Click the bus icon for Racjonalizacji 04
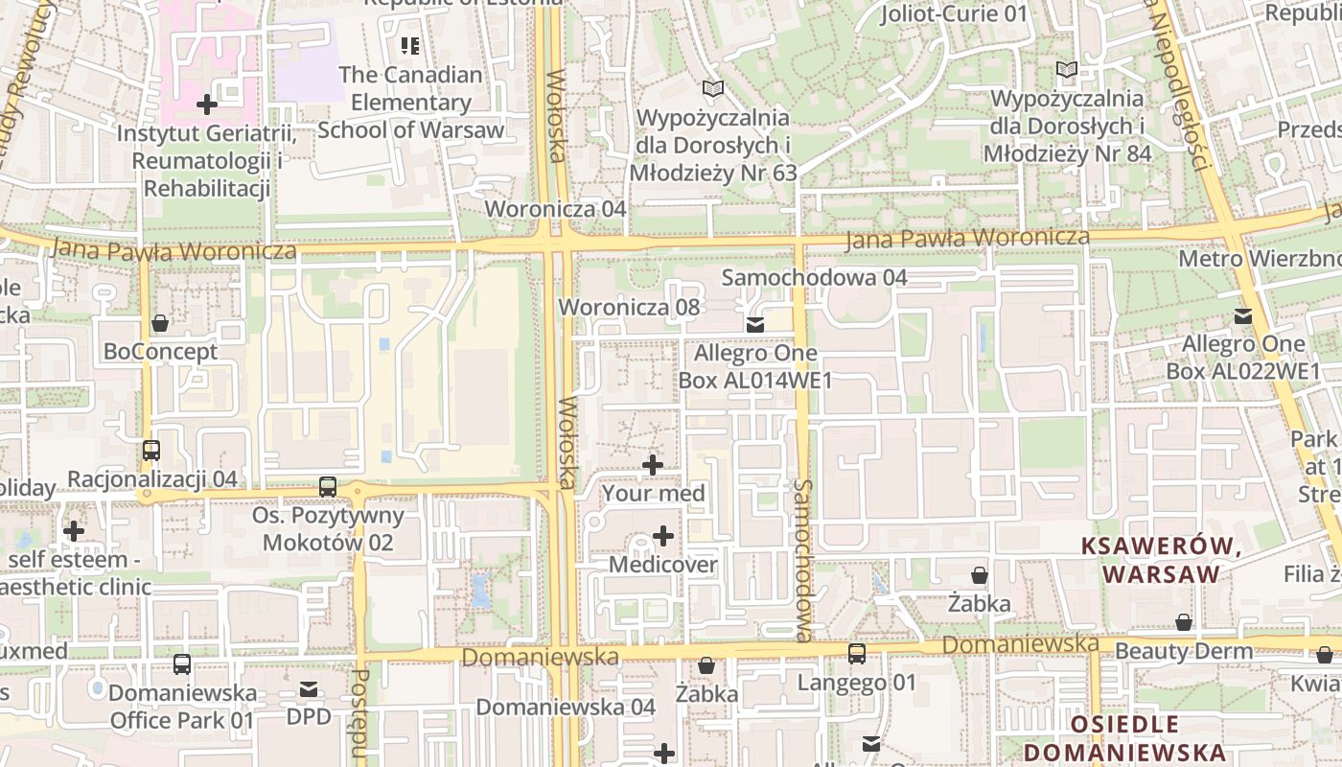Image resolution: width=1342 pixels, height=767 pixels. [x=150, y=450]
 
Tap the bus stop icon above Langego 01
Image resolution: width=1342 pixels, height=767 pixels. [x=856, y=654]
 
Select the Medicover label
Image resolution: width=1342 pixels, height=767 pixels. [x=662, y=565]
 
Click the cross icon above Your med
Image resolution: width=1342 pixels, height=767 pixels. [x=653, y=465]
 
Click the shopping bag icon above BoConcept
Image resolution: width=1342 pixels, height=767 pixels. [x=160, y=323]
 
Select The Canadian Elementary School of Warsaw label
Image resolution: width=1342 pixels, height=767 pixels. [x=410, y=102]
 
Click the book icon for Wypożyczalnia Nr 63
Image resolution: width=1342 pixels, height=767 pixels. [x=712, y=89]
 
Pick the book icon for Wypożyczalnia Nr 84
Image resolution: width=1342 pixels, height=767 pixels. [x=1066, y=69]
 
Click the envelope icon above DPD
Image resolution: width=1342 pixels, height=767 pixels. [x=309, y=688]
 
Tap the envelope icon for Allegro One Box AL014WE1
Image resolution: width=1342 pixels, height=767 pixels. [x=755, y=324]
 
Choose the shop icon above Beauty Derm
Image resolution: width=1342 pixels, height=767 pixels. [x=1184, y=622]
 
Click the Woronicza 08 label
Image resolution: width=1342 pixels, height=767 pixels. [x=630, y=308]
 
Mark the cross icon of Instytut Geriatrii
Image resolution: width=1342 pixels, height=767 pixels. [x=206, y=105]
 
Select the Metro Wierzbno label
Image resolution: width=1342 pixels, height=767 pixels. [x=1259, y=259]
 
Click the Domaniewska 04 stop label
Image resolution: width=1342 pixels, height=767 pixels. [x=566, y=707]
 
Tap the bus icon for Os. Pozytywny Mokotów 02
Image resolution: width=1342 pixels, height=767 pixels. [x=328, y=486]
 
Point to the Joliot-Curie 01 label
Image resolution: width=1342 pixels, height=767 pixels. [x=953, y=13]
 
